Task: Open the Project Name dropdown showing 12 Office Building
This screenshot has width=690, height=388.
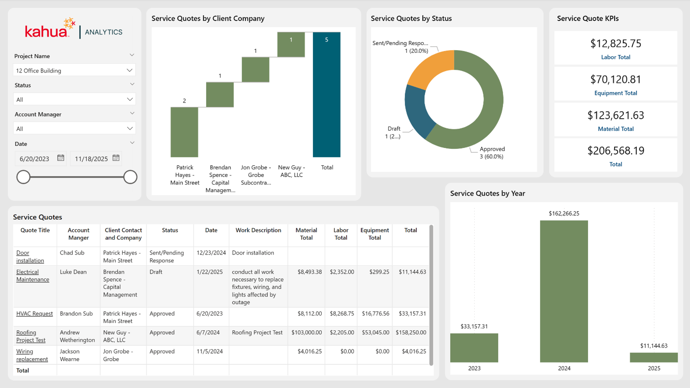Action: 74,70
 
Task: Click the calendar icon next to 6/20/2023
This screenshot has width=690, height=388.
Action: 61,158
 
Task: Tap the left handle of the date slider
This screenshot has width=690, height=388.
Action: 23,177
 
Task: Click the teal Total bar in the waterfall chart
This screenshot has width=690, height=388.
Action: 327,94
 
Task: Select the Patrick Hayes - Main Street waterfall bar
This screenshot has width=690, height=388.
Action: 184,132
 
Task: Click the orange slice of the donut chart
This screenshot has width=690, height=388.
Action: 431,69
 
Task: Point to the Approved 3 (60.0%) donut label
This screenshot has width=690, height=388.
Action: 492,153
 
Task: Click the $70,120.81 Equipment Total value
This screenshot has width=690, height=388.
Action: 616,80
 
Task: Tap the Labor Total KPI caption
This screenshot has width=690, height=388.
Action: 616,57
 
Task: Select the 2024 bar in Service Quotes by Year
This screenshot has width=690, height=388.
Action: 564,291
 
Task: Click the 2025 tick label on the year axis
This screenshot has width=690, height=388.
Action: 654,368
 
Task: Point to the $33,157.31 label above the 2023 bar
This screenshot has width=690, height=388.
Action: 474,326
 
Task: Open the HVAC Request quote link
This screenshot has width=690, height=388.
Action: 34,314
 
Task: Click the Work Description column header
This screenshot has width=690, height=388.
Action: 258,230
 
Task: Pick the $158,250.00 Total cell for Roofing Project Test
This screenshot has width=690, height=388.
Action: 411,332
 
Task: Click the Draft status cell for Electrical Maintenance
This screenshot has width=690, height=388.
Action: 156,272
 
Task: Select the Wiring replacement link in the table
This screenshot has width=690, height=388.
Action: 32,355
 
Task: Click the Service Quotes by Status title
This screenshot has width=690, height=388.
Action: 411,19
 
